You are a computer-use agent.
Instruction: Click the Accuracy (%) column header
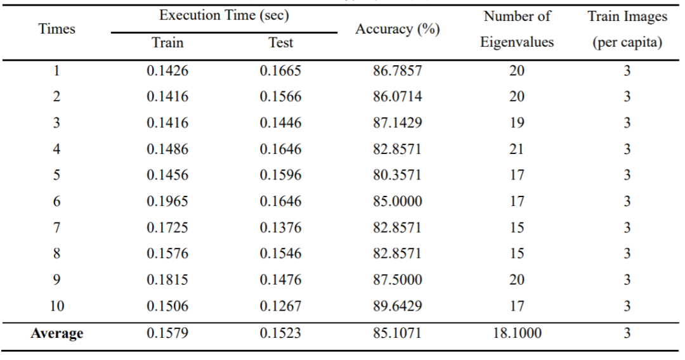[397, 30]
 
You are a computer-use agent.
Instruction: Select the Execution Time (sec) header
[225, 16]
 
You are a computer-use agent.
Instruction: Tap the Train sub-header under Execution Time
[167, 43]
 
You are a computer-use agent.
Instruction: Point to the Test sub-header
[280, 43]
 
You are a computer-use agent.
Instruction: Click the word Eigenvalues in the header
[516, 43]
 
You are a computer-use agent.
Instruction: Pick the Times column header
[56, 29]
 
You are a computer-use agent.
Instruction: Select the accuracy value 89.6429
[397, 305]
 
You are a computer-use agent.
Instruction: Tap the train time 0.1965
[167, 202]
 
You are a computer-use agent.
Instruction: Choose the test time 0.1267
[280, 305]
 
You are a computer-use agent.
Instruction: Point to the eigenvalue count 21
[516, 150]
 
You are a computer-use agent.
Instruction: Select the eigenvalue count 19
[516, 124]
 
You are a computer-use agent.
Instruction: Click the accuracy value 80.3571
[397, 176]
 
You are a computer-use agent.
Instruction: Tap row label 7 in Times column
[56, 228]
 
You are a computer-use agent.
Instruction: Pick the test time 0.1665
[280, 72]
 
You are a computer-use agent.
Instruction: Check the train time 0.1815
[167, 280]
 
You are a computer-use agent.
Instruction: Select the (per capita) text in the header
[627, 43]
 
